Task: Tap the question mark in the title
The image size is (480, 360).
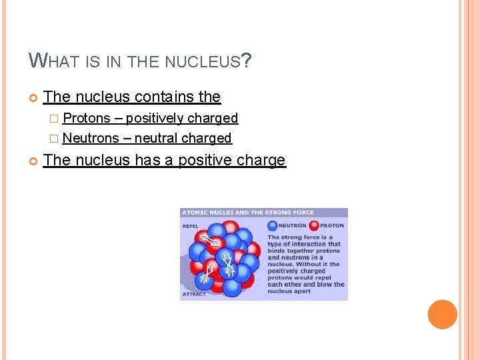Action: pyautogui.click(x=247, y=61)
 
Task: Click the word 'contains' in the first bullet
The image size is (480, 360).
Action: pyautogui.click(x=163, y=97)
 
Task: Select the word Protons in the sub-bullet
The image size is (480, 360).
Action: pyautogui.click(x=86, y=118)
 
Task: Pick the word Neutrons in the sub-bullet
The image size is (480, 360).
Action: pyautogui.click(x=91, y=138)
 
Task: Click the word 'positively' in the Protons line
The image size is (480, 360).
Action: pyautogui.click(x=154, y=118)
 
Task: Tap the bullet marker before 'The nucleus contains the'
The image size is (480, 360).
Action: pyautogui.click(x=33, y=97)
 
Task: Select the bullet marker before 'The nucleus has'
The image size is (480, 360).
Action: pyautogui.click(x=33, y=161)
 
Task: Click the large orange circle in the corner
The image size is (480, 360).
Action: pyautogui.click(x=443, y=315)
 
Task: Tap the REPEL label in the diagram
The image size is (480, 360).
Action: pyautogui.click(x=191, y=225)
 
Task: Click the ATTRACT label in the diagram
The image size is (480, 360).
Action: pyautogui.click(x=194, y=293)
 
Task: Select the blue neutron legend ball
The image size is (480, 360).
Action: pyautogui.click(x=272, y=225)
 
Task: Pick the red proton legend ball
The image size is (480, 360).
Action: pyautogui.click(x=314, y=225)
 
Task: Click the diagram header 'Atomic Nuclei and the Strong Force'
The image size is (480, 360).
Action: pyautogui.click(x=247, y=213)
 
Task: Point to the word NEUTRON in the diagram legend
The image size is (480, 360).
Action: pyautogui.click(x=292, y=225)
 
